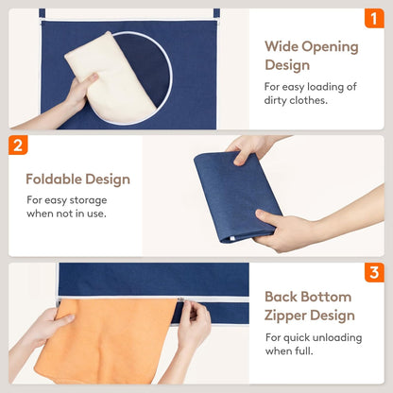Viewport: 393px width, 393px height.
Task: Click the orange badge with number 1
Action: [374, 19]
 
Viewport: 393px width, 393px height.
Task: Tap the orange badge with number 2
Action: [18, 145]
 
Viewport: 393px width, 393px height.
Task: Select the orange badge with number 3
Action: [374, 272]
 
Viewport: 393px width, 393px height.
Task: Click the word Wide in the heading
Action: [282, 46]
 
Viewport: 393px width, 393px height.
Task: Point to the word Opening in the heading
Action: [330, 47]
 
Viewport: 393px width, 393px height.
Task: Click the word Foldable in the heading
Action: [54, 179]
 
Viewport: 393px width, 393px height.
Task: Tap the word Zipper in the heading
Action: [285, 316]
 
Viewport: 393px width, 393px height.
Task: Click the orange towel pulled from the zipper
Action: [104, 342]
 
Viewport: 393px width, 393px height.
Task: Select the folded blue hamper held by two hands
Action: [238, 196]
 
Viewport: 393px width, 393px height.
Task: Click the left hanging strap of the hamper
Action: [42, 14]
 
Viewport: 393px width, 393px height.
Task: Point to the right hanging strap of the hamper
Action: [216, 14]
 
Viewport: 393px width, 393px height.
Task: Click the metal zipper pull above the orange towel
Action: [181, 299]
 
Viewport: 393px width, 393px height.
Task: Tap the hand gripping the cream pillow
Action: [78, 92]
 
